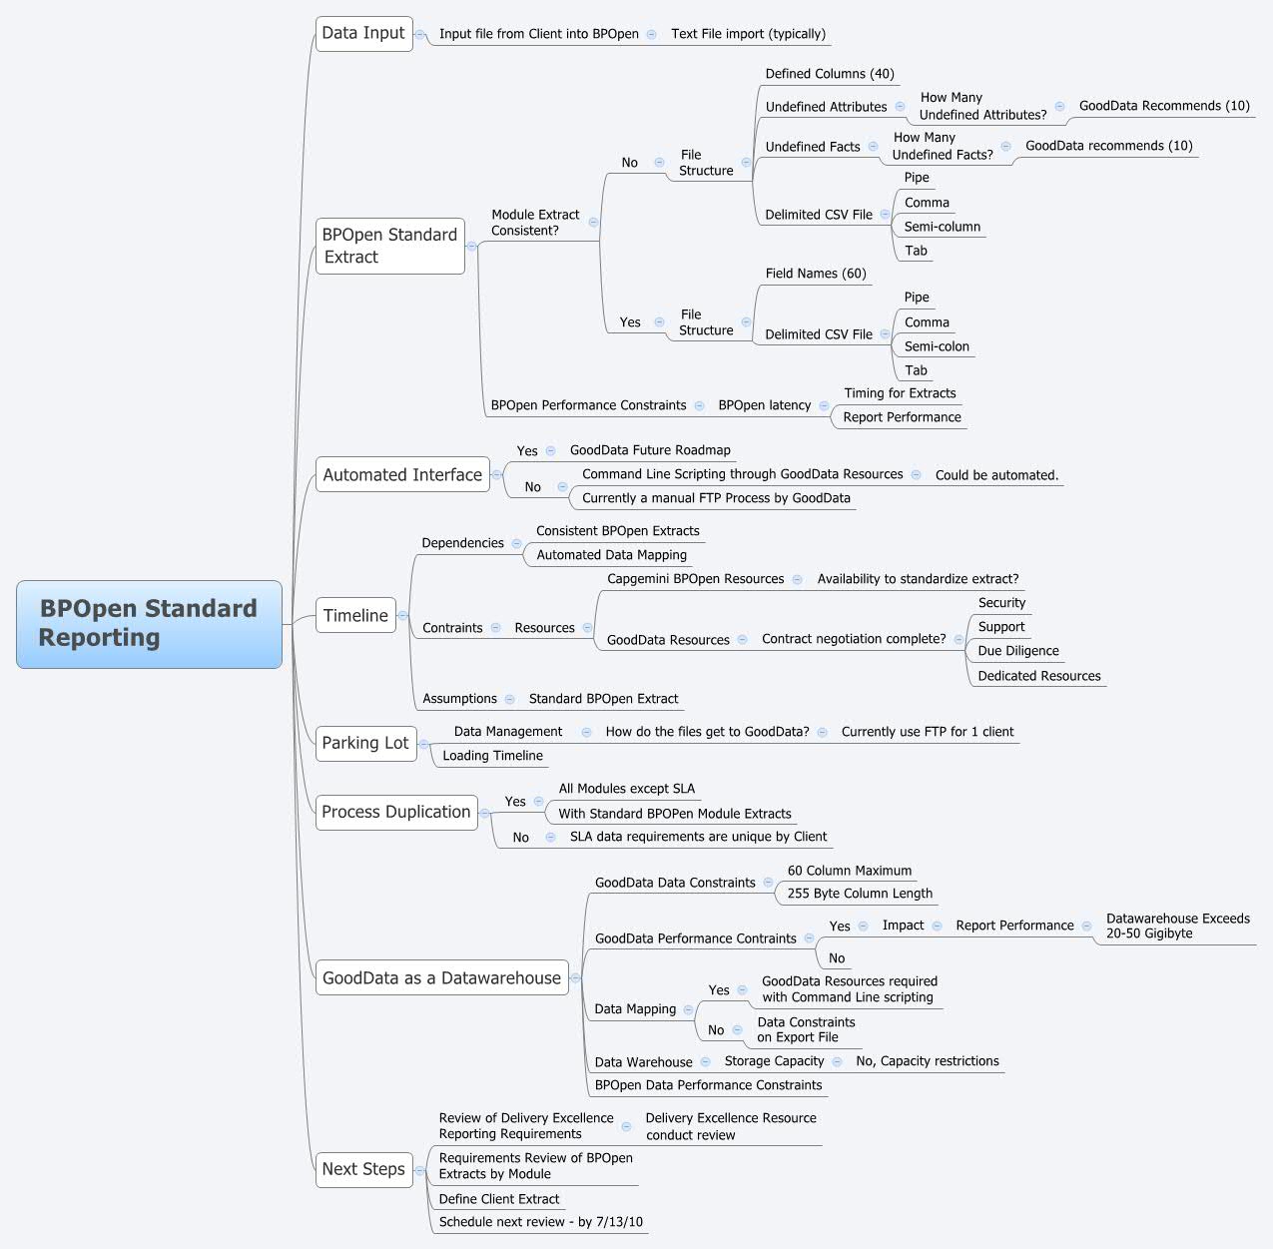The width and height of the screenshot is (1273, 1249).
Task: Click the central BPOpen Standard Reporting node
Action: [149, 624]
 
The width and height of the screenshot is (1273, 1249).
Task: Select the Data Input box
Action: [363, 33]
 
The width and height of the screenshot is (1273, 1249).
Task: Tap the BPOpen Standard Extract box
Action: [389, 246]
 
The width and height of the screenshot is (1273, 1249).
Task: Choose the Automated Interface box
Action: [402, 475]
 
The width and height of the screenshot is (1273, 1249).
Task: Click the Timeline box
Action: [355, 616]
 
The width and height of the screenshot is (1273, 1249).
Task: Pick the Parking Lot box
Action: [365, 743]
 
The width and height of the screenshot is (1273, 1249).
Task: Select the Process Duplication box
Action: [395, 812]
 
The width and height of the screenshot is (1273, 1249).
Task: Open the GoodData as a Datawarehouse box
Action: [441, 978]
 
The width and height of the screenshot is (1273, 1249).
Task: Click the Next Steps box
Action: [363, 1169]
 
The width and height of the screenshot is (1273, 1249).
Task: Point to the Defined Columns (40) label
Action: [830, 74]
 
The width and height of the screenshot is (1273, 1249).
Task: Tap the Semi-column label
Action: [942, 227]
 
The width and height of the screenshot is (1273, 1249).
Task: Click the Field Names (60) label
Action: [816, 274]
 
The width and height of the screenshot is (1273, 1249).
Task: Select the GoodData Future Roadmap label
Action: [650, 450]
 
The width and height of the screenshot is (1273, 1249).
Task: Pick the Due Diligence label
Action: [1018, 651]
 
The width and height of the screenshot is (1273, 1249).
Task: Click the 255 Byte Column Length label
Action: [860, 894]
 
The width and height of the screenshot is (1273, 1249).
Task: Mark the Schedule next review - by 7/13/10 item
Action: [540, 1222]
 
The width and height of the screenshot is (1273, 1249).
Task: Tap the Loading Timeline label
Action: [492, 756]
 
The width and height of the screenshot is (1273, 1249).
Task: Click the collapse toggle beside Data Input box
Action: [419, 34]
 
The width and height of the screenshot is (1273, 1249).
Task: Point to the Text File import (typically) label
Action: [748, 34]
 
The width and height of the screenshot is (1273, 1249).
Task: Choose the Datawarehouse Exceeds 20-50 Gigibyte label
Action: [1177, 926]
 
